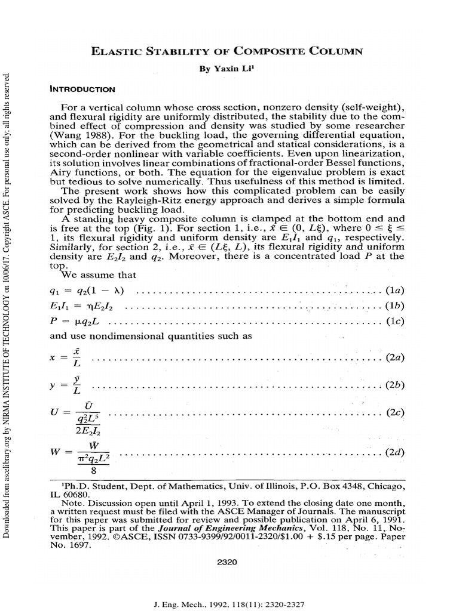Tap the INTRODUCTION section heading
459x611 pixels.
[x=82, y=90]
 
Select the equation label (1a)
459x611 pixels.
[x=394, y=291]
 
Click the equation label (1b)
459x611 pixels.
[x=394, y=306]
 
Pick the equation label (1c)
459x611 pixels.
[x=394, y=322]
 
